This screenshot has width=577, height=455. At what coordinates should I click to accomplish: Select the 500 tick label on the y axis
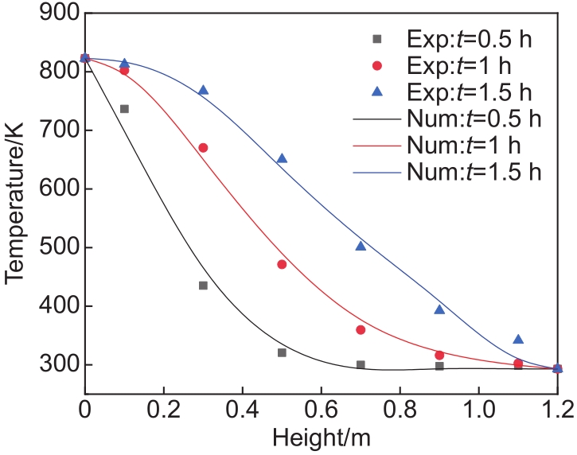point(53,247)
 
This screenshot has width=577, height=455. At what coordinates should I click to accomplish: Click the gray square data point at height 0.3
point(203,286)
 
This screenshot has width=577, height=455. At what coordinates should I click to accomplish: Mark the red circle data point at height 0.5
point(282,264)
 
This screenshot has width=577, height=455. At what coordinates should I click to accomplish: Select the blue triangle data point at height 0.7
point(361,246)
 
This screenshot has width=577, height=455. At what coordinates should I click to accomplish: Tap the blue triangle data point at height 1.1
point(518,339)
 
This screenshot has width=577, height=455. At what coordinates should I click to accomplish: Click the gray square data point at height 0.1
point(124,109)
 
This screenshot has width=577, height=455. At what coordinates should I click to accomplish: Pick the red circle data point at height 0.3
point(203,148)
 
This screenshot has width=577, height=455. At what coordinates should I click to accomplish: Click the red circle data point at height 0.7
point(361,330)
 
